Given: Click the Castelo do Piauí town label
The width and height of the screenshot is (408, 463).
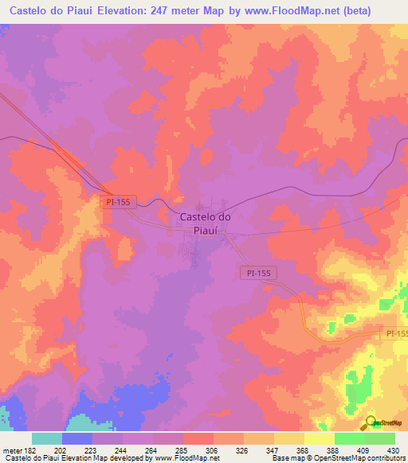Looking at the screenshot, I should (x=206, y=223).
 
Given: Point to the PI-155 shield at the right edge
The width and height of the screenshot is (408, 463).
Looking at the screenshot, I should (x=395, y=333).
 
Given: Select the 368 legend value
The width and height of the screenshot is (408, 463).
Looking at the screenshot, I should (x=289, y=450).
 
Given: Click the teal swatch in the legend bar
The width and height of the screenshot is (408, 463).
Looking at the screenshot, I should (x=47, y=438).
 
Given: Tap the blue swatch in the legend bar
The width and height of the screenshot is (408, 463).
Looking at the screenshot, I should (x=77, y=438).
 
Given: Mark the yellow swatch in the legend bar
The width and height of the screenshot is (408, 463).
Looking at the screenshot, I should (x=319, y=438).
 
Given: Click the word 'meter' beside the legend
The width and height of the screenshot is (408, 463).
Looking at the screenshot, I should (x=14, y=450).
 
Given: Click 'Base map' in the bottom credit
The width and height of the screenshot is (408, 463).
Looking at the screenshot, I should (x=287, y=458).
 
